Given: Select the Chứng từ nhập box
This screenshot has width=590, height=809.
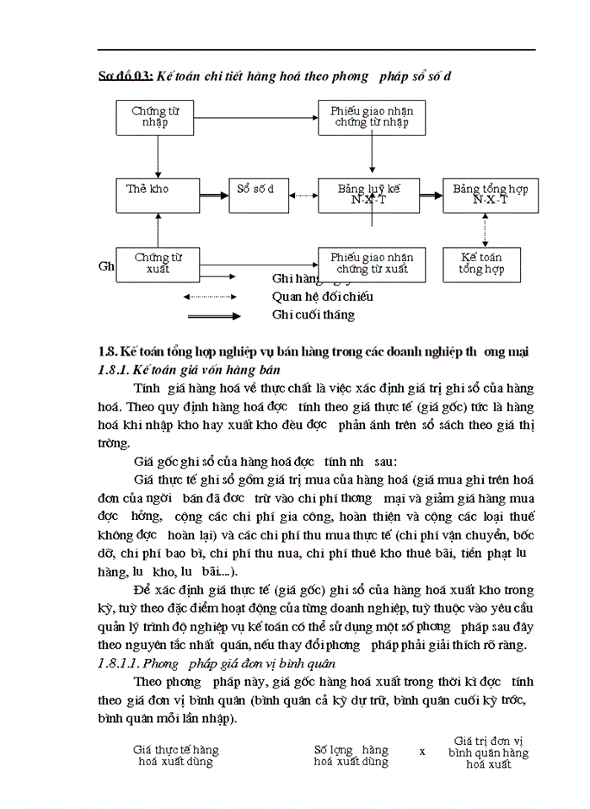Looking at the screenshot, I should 155,117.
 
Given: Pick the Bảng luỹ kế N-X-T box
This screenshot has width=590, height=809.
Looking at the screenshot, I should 371,196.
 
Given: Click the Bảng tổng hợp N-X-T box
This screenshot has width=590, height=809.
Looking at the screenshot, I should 490,196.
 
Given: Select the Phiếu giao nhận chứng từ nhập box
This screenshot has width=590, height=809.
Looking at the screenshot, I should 371,117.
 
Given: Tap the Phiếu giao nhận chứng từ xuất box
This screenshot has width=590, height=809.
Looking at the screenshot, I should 371,264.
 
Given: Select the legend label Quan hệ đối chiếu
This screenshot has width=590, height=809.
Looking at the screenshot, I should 322,297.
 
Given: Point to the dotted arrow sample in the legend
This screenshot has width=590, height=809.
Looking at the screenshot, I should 212,297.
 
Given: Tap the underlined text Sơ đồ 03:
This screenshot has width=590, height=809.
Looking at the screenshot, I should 125,76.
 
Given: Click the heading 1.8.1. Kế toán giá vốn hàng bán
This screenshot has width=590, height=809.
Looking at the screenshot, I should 190,369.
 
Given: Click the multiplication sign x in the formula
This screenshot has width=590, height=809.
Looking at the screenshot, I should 422,750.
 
